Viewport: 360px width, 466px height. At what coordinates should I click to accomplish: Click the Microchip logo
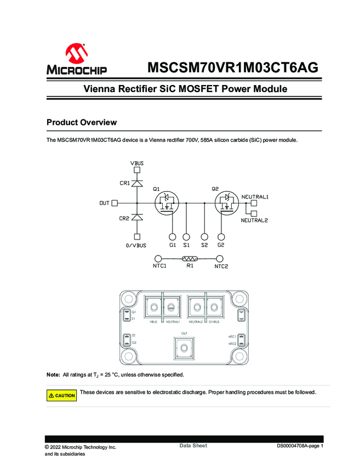click(x=76, y=60)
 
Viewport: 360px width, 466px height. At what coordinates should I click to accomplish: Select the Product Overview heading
click(x=81, y=122)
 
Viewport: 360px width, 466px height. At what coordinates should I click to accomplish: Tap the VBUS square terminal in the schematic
click(x=137, y=170)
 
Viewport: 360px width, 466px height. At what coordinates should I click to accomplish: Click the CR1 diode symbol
click(x=137, y=183)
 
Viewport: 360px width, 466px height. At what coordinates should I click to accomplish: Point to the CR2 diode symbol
click(x=137, y=218)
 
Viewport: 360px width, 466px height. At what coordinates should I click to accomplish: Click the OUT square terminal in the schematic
click(x=115, y=203)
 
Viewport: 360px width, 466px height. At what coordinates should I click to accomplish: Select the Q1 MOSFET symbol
click(x=167, y=202)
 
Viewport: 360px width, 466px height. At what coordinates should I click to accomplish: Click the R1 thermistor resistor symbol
click(x=190, y=259)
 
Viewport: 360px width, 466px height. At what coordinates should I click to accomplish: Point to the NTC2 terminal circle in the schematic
click(x=220, y=259)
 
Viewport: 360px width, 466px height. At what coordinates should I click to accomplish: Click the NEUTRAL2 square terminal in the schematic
click(x=254, y=211)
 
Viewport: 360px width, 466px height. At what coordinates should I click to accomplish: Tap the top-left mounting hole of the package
click(x=128, y=299)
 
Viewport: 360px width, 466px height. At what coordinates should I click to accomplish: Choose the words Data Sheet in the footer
click(x=193, y=446)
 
